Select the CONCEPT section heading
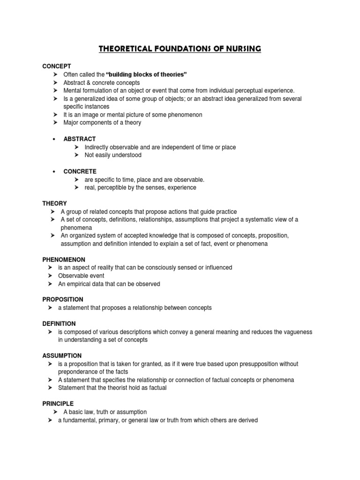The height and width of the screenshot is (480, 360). pyautogui.click(x=56, y=67)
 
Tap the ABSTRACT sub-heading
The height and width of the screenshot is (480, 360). pyautogui.click(x=80, y=139)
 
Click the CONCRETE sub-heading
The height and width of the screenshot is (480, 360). pyautogui.click(x=80, y=172)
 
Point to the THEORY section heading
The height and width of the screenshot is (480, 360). pyautogui.click(x=55, y=203)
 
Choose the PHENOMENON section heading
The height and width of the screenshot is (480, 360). pyautogui.click(x=63, y=259)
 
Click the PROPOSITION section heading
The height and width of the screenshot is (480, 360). pyautogui.click(x=63, y=299)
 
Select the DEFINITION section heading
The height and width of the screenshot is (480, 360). pyautogui.click(x=59, y=323)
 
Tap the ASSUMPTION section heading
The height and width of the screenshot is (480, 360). pyautogui.click(x=62, y=356)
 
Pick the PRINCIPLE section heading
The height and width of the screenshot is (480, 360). pyautogui.click(x=58, y=404)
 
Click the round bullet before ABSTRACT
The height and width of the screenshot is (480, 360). pyautogui.click(x=55, y=139)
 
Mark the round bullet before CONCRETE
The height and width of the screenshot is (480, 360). pyautogui.click(x=55, y=172)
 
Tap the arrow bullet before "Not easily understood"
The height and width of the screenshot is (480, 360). pyautogui.click(x=76, y=155)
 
